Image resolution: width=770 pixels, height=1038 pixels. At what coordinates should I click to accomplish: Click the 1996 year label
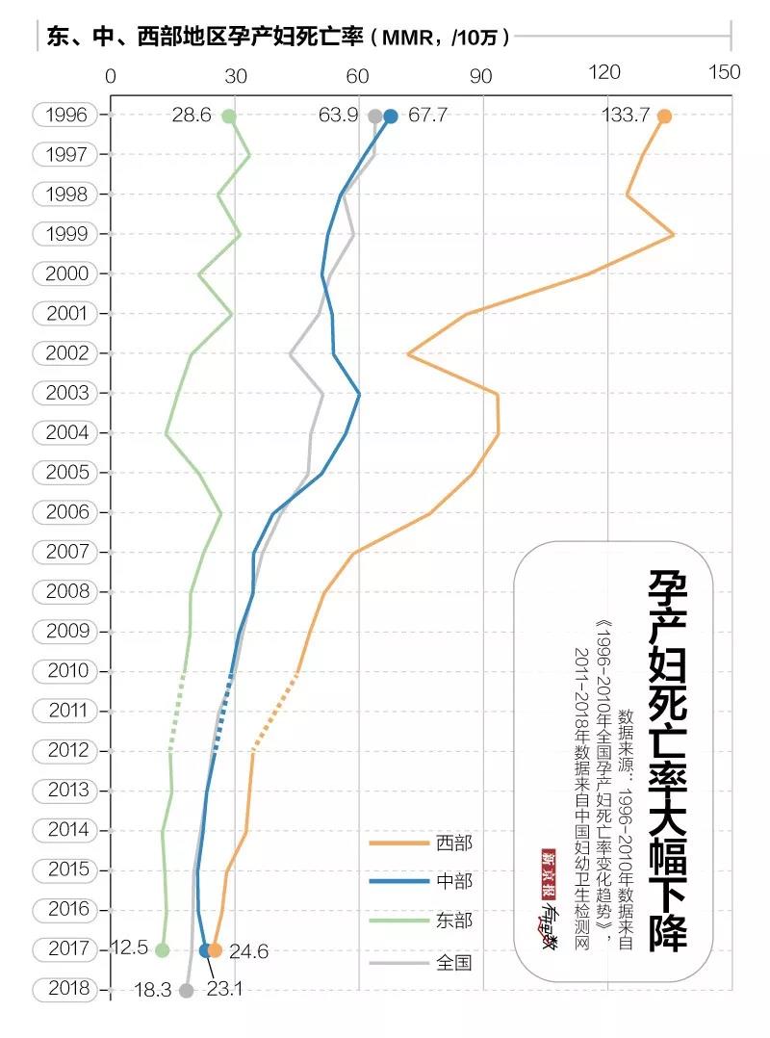coord(66,115)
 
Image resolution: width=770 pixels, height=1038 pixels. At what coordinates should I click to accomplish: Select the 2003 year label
coord(66,393)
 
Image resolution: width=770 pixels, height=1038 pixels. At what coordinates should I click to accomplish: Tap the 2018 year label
coord(66,989)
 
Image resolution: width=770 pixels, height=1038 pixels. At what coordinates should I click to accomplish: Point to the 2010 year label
coord(66,670)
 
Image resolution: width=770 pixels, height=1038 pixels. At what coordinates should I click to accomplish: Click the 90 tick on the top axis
coord(481,73)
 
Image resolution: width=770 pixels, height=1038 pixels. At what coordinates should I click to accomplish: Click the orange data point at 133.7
coord(663,117)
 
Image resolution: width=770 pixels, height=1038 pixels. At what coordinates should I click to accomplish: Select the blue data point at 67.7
coord(390,117)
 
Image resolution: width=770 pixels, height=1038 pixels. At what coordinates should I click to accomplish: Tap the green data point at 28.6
coord(229,117)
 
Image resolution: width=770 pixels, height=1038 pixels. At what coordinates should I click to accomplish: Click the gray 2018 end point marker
coord(187,990)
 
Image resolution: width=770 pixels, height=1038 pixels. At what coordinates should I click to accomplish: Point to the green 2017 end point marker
coord(163,950)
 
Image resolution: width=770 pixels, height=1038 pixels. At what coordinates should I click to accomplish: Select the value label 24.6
coord(248,952)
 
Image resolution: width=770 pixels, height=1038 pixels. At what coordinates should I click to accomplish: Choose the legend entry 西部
coord(453,843)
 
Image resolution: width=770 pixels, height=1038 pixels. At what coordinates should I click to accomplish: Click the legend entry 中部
coord(453,881)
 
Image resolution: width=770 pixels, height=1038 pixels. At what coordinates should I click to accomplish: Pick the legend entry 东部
coord(453,921)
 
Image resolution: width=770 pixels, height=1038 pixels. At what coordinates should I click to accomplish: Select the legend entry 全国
coord(453,961)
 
